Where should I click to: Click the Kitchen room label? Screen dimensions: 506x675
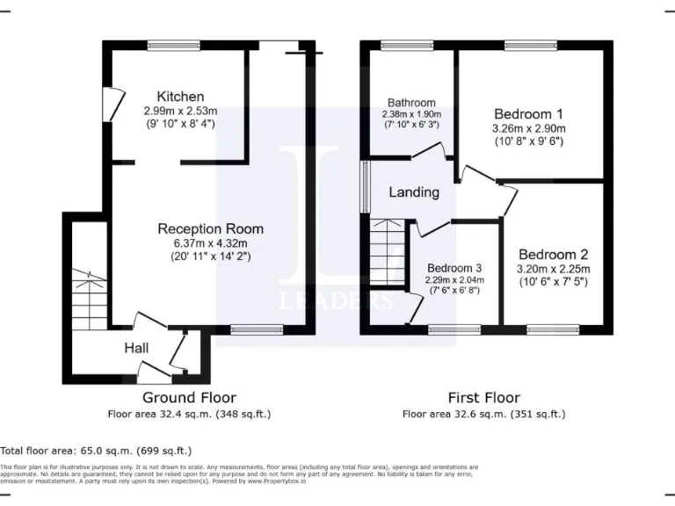coord(180,97)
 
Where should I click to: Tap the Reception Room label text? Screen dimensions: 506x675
coord(210,228)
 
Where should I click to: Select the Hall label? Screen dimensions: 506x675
coord(135,349)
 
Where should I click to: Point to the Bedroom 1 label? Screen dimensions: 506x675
coord(528,114)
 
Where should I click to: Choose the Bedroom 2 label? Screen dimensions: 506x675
coord(553,255)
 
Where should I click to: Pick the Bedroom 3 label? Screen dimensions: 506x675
coord(455,268)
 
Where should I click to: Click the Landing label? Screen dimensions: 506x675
coord(414,192)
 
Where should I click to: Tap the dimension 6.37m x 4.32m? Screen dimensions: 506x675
coord(210,243)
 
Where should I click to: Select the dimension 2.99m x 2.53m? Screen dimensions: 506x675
coord(180,112)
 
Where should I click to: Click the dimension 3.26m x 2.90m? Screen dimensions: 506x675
coord(528,128)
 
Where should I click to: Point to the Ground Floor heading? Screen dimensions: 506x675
coord(189,398)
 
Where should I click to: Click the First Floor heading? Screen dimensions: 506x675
coord(483,398)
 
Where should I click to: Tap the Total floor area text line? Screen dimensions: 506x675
coord(96,450)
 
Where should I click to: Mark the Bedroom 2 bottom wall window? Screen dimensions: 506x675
coord(553,329)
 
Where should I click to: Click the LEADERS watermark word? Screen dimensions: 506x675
coord(336,300)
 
